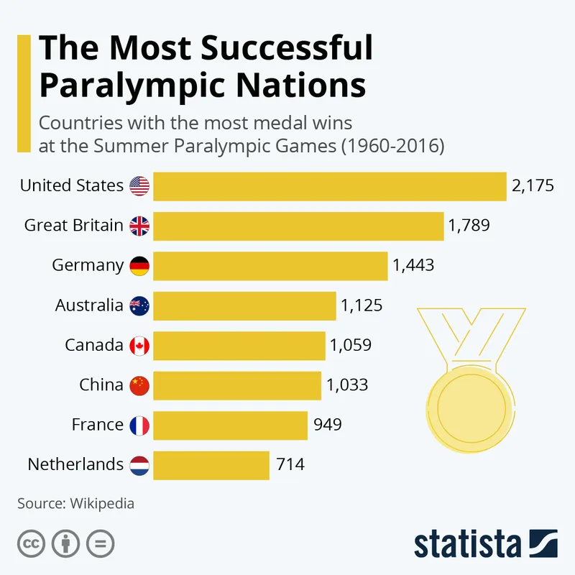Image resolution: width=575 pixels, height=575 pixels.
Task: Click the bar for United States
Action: click(x=330, y=186)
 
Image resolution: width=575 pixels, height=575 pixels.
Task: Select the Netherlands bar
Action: click(x=211, y=465)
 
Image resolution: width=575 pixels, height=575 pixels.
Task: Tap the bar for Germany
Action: click(x=270, y=266)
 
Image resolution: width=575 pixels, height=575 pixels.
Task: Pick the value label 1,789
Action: click(x=469, y=226)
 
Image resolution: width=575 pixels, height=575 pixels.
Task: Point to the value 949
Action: click(x=328, y=425)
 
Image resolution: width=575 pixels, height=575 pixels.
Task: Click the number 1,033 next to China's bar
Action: click(x=347, y=385)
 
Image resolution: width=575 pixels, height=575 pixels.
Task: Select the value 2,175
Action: click(x=533, y=186)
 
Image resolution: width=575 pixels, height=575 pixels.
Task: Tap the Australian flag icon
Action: click(x=139, y=306)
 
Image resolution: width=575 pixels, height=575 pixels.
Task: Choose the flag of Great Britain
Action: click(x=139, y=226)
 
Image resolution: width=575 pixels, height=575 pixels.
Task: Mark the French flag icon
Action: click(x=139, y=425)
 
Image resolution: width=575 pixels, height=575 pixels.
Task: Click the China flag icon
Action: click(x=139, y=386)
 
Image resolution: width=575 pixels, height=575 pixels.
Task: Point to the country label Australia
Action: click(x=89, y=305)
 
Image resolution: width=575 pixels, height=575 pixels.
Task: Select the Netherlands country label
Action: click(x=75, y=464)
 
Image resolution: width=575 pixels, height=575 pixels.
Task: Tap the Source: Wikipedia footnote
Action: click(x=75, y=503)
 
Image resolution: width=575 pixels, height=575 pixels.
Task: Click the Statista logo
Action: click(x=485, y=543)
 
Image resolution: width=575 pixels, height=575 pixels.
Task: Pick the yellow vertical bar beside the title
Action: click(x=24, y=93)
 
